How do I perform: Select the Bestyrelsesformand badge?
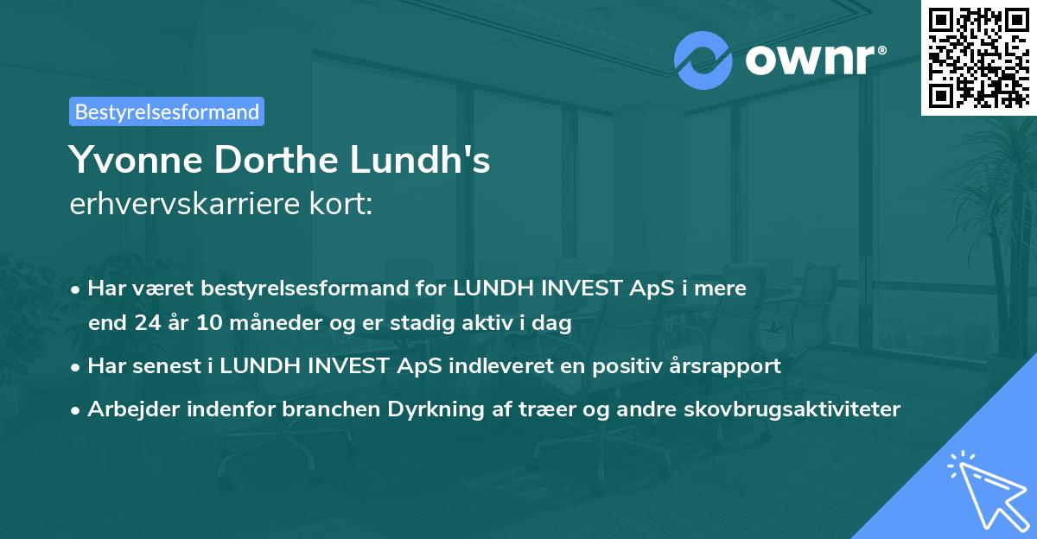click(x=167, y=111)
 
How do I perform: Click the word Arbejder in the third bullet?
click(x=129, y=409)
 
